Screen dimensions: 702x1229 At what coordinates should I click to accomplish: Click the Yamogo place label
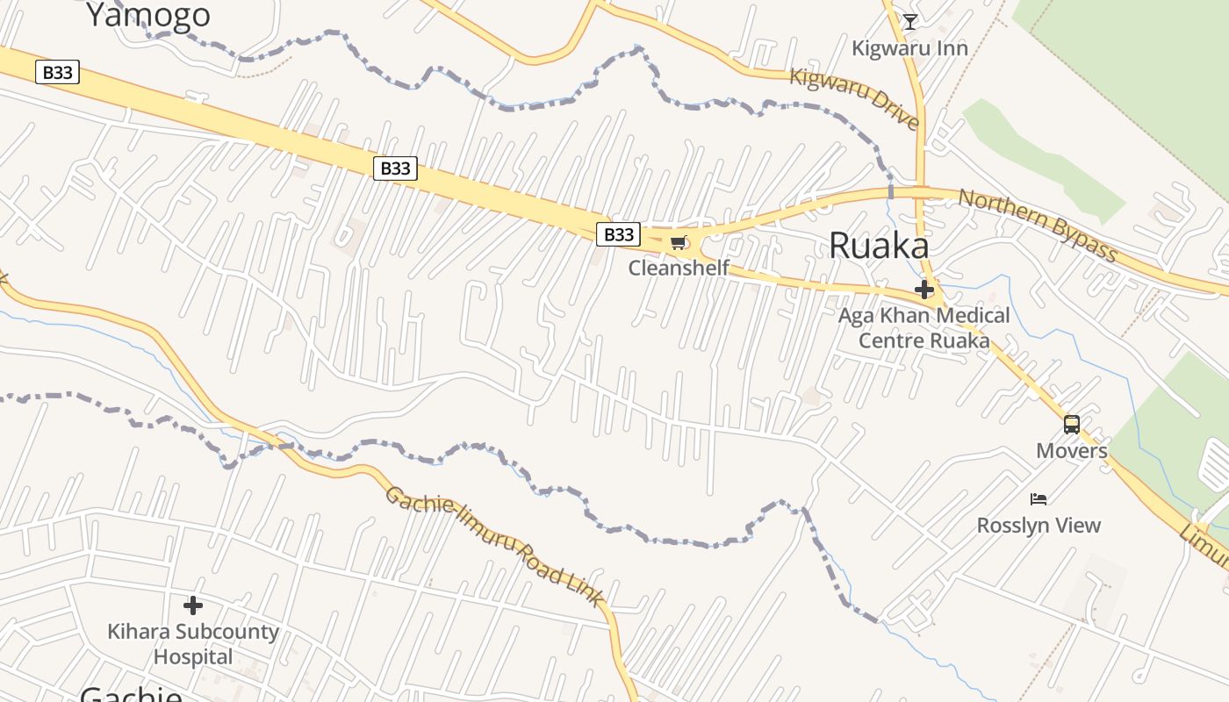[148, 14]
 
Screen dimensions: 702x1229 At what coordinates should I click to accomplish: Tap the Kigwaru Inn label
[909, 47]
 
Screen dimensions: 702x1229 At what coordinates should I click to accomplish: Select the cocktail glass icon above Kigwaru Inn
[909, 22]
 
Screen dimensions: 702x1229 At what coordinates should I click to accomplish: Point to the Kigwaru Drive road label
[854, 97]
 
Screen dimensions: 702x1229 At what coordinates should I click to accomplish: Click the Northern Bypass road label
[1037, 225]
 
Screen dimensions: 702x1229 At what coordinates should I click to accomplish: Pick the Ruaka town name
[879, 247]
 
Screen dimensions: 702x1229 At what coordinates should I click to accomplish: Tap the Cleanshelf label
[679, 268]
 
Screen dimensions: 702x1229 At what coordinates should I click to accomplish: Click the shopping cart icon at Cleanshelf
[678, 243]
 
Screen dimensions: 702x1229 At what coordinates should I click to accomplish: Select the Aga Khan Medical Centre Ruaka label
[924, 327]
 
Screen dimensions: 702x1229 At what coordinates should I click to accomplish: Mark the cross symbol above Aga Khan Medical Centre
[924, 290]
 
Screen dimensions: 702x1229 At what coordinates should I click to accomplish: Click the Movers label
[1071, 451]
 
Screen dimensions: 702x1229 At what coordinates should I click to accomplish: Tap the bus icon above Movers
[1071, 425]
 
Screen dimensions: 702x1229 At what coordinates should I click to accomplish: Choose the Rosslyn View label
[1039, 526]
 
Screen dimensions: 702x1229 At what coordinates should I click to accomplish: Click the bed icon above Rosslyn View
[1039, 499]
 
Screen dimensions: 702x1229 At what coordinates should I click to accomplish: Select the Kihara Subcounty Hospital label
[193, 644]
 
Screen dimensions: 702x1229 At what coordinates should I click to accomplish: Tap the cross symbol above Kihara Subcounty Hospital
[193, 605]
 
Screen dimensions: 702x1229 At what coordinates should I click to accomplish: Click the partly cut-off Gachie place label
[131, 695]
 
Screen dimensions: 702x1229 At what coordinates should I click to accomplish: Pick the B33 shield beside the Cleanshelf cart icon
[619, 234]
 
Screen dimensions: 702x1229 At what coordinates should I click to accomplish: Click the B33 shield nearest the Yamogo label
[58, 72]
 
